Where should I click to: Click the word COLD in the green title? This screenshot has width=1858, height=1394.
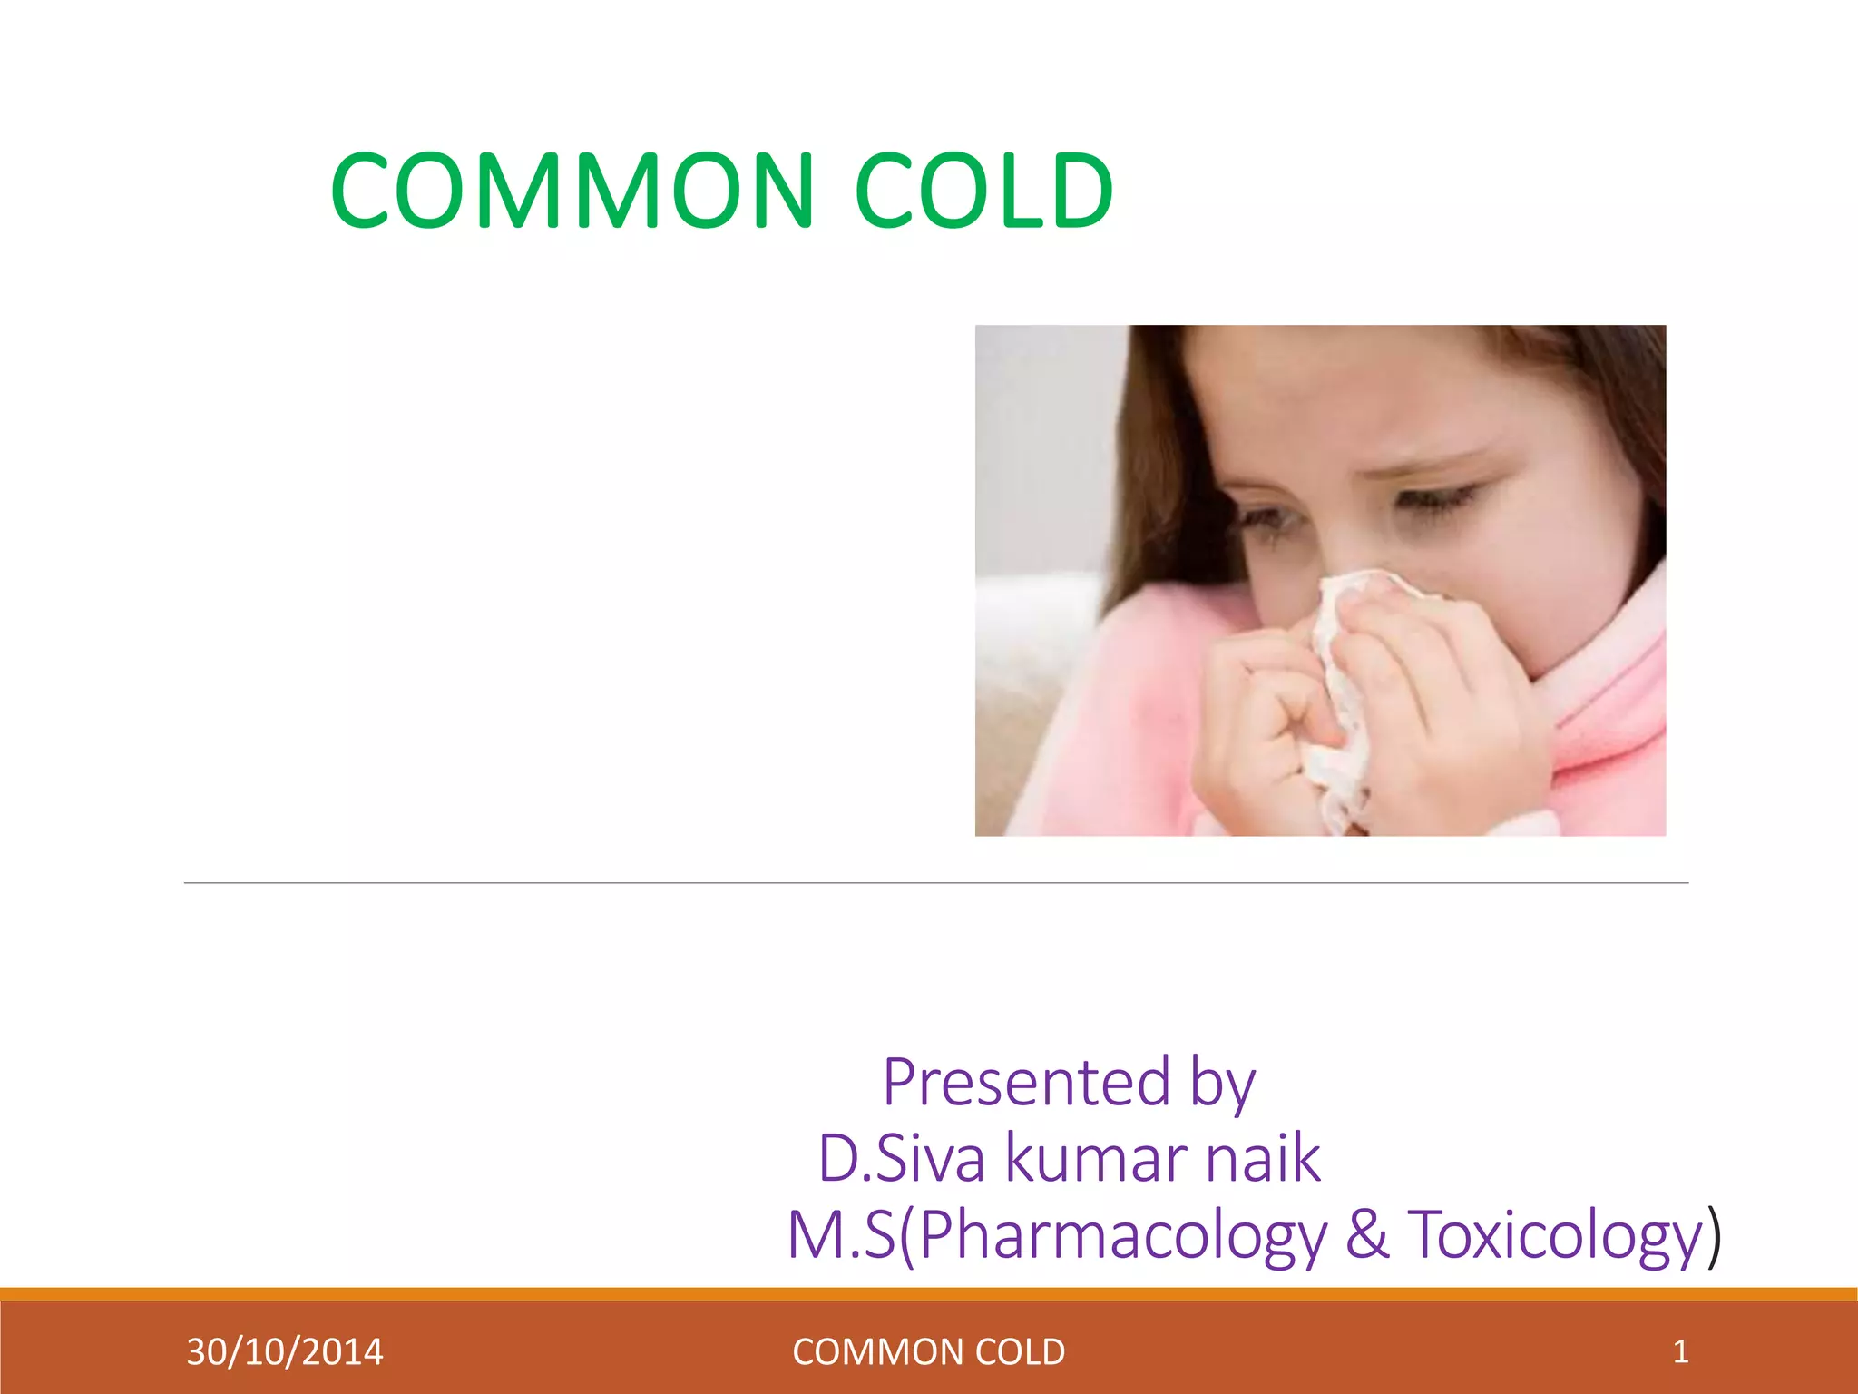point(984,191)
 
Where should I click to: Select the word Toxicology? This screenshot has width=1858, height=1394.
point(1555,1236)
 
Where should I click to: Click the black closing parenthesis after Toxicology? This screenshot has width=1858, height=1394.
point(1714,1236)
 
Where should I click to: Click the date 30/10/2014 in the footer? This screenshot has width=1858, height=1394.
point(285,1352)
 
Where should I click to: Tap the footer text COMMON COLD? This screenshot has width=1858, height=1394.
point(928,1352)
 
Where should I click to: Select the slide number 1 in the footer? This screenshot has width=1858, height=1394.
point(1680,1351)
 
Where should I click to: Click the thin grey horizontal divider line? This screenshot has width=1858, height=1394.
point(934,882)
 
